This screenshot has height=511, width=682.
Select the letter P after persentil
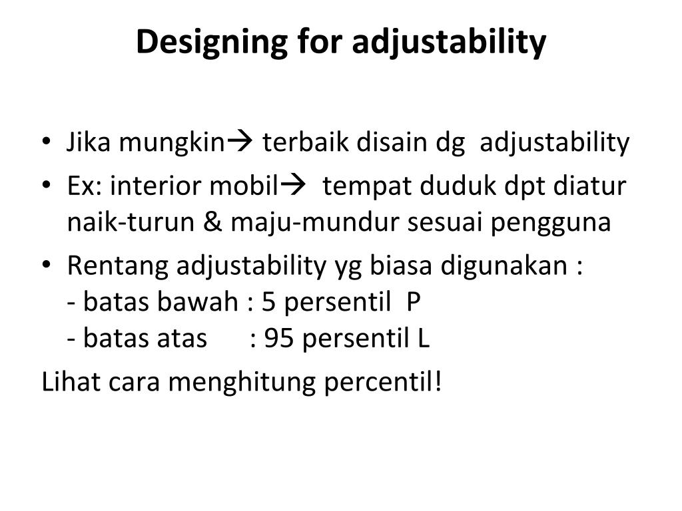(x=414, y=303)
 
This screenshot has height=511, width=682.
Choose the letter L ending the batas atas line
(x=424, y=339)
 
